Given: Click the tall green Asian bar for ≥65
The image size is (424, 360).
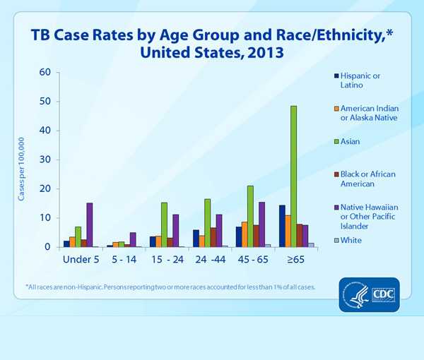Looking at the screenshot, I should point(293,176).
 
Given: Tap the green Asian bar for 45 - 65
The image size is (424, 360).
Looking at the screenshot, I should point(250,216).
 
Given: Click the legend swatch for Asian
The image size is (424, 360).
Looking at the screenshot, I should point(334,141).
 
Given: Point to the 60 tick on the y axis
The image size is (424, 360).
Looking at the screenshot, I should point(45,72).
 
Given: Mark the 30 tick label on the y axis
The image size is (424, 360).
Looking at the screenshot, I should point(45,160).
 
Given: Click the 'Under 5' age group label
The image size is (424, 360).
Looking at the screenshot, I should point(78,260).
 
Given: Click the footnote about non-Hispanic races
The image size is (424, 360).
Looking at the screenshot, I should point(170,287).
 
